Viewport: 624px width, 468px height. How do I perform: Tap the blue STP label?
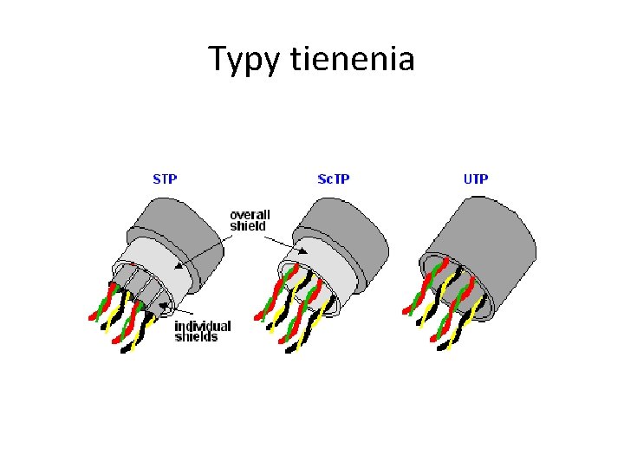pos(165,179)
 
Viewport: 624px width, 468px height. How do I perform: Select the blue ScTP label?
pos(335,179)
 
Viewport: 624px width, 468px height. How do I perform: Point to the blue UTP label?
pos(476,179)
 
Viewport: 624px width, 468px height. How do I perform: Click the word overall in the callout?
pos(250,215)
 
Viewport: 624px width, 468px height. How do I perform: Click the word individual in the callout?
pos(203,327)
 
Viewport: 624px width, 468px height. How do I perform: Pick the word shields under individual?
pos(197,337)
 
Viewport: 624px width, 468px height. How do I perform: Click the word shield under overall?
pos(247,226)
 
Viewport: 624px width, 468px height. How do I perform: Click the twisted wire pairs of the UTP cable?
pos(442,303)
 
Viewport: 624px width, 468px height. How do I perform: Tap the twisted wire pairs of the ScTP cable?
pos(290,308)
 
